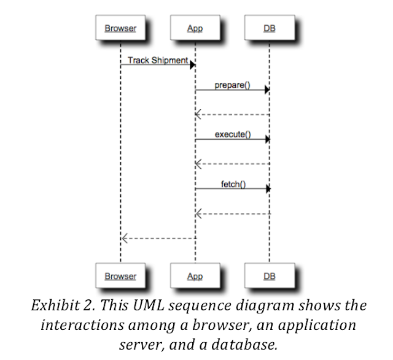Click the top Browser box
(120, 28)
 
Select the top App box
(195, 28)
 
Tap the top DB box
(269, 28)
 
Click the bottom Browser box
(120, 276)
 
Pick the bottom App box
(195, 276)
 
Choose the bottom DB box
(269, 276)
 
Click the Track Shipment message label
(158, 60)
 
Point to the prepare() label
(232, 85)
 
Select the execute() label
(232, 134)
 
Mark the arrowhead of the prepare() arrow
(267, 90)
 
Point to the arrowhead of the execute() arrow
(267, 139)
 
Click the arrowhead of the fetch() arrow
(267, 189)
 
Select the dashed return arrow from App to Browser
(158, 238)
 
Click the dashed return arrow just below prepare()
(232, 115)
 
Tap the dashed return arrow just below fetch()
(232, 213)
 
